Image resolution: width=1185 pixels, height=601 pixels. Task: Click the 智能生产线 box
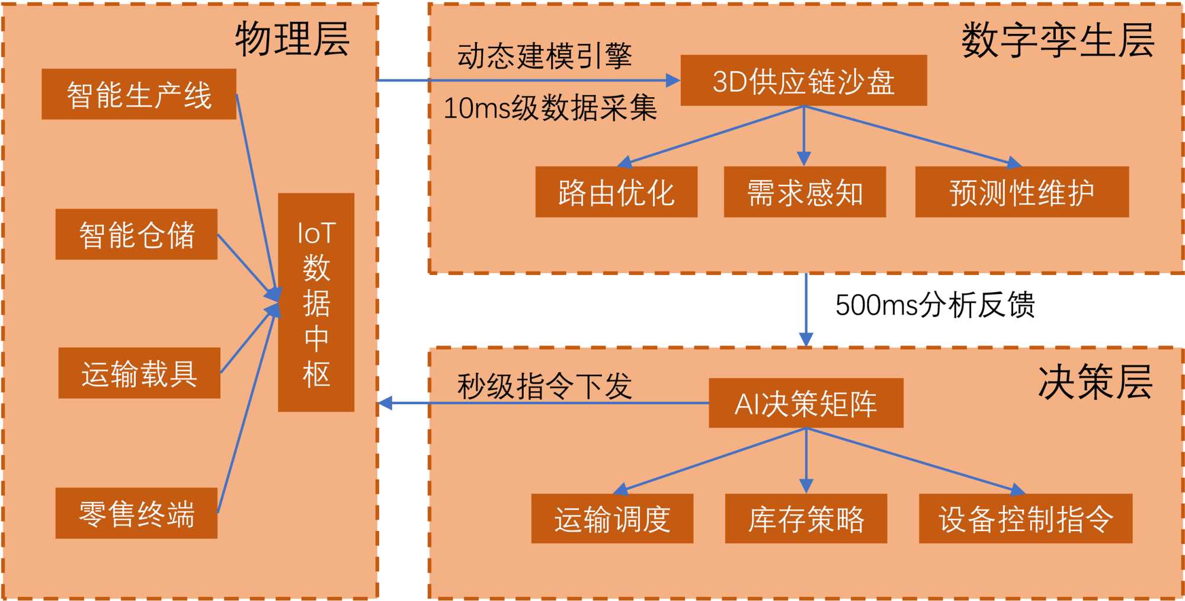click(x=139, y=94)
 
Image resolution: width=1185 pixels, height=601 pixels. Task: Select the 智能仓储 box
click(x=136, y=234)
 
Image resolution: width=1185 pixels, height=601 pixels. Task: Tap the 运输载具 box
click(x=139, y=373)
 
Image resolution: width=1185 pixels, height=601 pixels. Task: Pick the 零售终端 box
click(x=136, y=513)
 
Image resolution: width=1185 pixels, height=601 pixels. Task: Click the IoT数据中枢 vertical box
click(x=316, y=302)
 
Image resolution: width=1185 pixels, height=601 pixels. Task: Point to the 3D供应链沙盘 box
click(x=803, y=81)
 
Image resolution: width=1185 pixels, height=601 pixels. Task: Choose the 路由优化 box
click(x=616, y=192)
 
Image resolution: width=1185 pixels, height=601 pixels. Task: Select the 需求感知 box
click(x=805, y=192)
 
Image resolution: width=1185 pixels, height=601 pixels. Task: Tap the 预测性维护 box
click(x=1021, y=192)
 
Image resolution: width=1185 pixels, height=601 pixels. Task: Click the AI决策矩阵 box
click(x=806, y=404)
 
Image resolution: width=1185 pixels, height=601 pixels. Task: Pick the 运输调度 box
click(x=612, y=519)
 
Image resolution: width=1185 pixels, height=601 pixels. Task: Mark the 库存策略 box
click(x=806, y=519)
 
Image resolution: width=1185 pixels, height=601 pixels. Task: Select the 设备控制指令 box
click(x=1026, y=519)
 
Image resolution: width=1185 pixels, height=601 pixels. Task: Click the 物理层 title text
click(x=292, y=39)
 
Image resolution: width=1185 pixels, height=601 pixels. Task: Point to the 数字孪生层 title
click(x=1058, y=40)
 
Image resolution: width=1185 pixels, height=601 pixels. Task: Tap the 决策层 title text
click(x=1095, y=382)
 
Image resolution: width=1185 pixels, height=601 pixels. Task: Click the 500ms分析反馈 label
click(x=935, y=305)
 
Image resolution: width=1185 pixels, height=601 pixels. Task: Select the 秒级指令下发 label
click(x=545, y=386)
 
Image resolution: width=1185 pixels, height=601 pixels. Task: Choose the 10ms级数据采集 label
click(x=550, y=108)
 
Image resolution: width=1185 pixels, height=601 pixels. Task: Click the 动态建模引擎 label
click(x=545, y=56)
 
